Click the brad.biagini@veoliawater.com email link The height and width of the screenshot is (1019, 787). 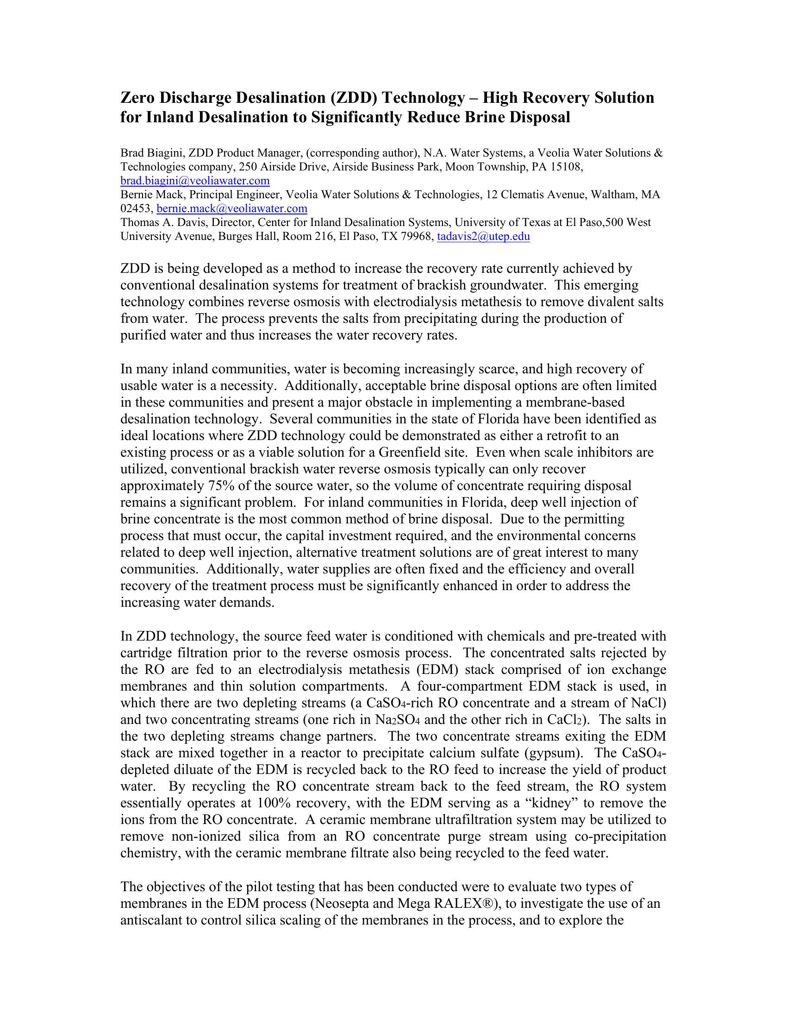195,181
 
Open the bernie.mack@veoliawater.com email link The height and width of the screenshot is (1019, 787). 232,208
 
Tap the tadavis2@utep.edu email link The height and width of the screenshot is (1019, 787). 483,237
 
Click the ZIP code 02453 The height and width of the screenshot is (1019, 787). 136,208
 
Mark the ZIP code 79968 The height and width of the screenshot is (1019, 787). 417,237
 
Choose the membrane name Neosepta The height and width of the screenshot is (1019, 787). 342,903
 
